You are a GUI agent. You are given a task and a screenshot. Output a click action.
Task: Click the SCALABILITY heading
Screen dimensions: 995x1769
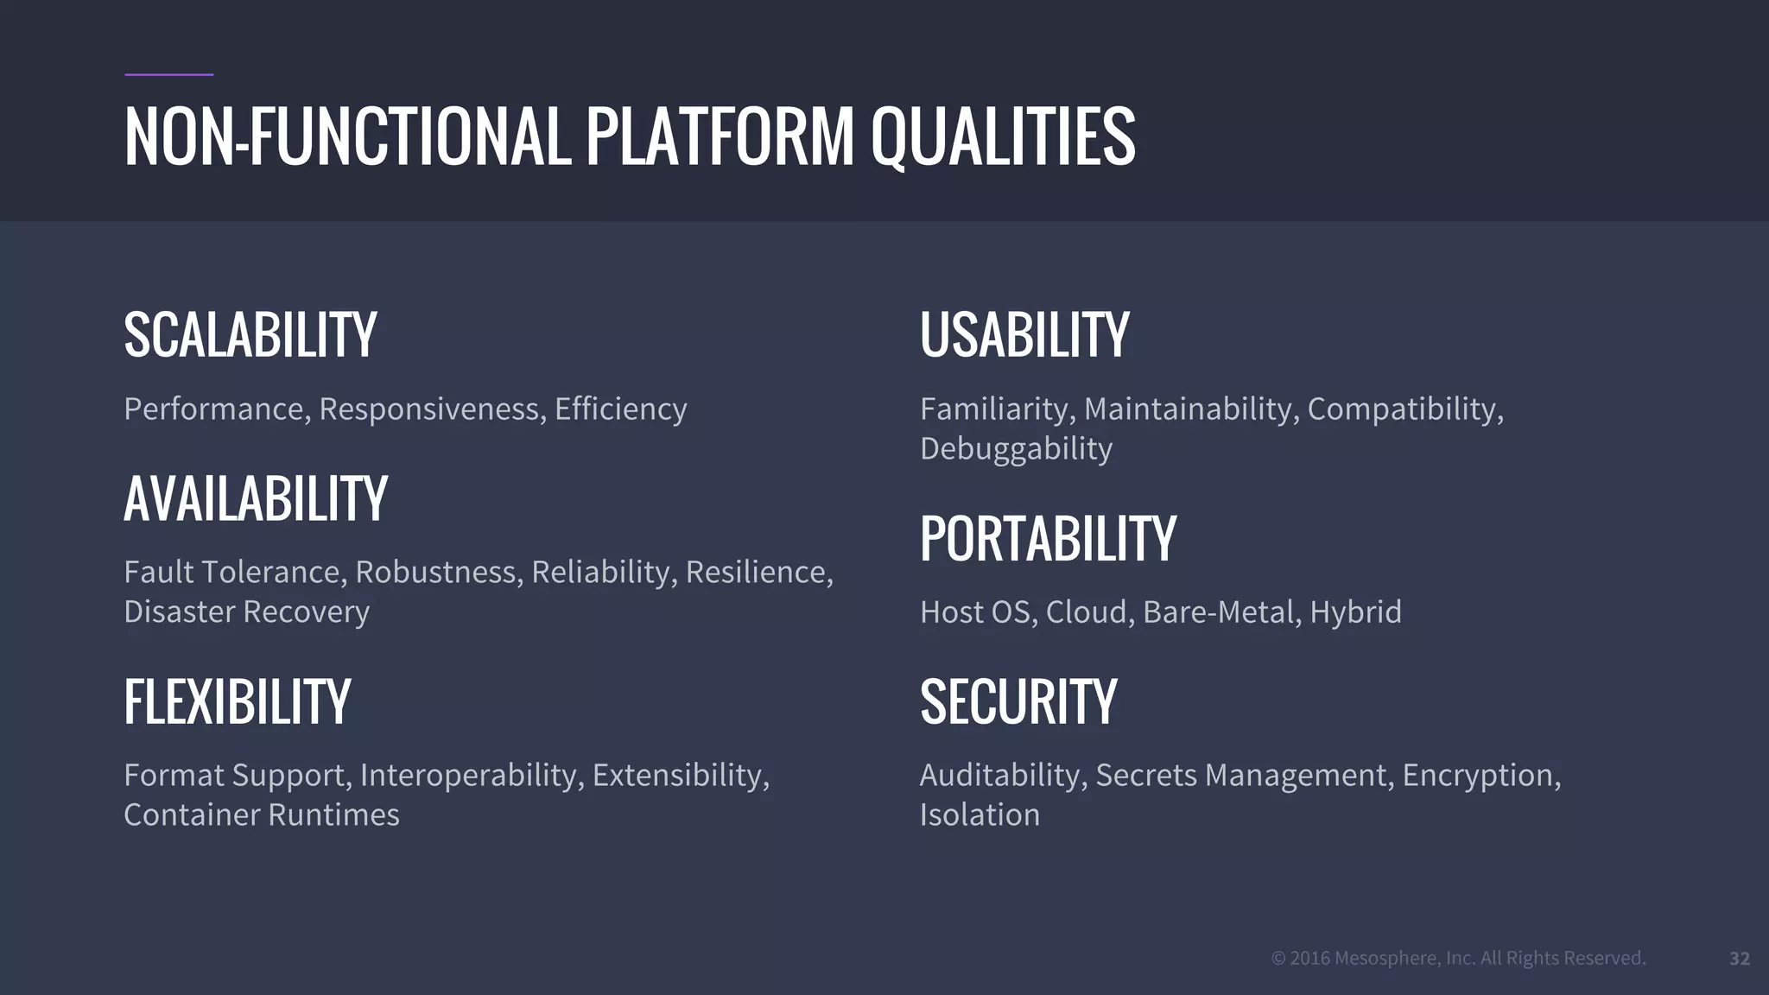point(250,335)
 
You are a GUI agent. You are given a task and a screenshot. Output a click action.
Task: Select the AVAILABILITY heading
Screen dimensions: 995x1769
point(256,499)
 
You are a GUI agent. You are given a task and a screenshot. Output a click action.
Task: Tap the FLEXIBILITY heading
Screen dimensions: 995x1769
point(237,702)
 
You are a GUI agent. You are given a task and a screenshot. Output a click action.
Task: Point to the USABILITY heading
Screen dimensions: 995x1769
point(1024,335)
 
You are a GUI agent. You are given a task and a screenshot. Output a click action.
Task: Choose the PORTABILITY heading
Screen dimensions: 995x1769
point(1048,539)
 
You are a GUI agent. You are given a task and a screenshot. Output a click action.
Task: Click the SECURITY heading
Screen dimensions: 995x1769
point(1018,702)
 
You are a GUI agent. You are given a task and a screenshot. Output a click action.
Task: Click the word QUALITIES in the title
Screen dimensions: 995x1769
point(1002,137)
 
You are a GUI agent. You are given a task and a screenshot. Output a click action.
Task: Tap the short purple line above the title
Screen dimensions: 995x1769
point(168,75)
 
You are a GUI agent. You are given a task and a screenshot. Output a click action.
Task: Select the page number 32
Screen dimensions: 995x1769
point(1739,959)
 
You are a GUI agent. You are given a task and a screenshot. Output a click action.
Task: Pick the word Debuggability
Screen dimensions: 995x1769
point(1016,449)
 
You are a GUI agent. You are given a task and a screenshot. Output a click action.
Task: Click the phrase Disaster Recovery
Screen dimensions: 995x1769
point(246,612)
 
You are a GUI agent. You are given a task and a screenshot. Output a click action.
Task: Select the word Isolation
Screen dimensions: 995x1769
point(980,815)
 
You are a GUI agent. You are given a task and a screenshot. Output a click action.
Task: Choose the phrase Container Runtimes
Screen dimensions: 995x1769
point(261,815)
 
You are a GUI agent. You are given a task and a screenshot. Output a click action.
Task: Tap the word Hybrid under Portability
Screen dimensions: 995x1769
point(1355,612)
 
